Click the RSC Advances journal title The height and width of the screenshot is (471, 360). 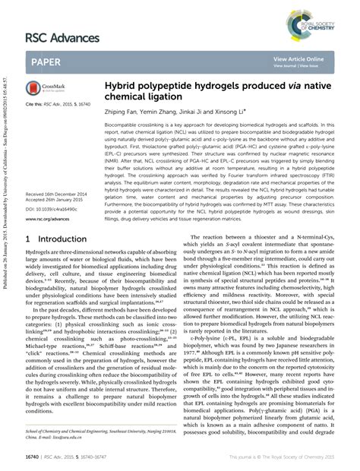tap(63, 37)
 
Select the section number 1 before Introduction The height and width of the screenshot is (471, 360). tap(28, 239)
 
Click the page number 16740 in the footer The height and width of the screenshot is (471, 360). tap(34, 459)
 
